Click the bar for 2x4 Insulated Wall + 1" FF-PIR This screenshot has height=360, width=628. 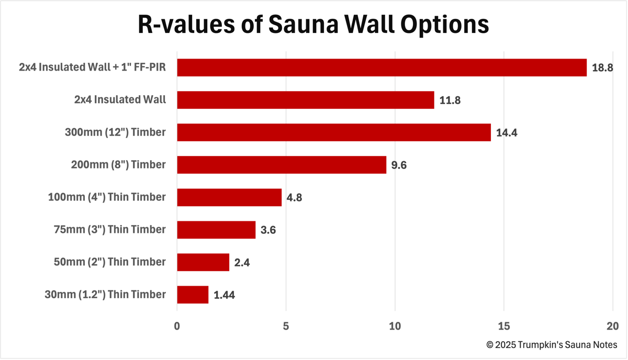(x=382, y=67)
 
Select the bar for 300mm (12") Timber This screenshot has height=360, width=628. (x=334, y=132)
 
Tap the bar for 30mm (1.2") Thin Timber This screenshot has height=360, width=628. (x=193, y=295)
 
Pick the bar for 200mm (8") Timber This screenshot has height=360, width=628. (x=282, y=165)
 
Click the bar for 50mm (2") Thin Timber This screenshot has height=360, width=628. (x=203, y=262)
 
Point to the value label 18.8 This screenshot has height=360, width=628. (x=602, y=68)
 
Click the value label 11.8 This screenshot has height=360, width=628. (x=450, y=100)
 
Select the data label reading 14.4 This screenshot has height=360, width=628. (x=507, y=133)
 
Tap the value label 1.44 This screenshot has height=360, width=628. (x=224, y=295)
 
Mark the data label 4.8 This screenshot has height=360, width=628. (x=294, y=198)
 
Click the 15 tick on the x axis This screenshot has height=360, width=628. (x=503, y=326)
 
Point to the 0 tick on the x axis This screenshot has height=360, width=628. (x=177, y=326)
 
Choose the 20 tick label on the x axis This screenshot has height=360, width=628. (x=612, y=326)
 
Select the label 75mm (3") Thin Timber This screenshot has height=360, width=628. (x=109, y=230)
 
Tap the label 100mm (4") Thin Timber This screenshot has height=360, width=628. (x=106, y=197)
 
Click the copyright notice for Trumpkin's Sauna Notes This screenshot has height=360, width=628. (x=552, y=345)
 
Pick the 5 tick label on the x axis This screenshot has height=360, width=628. (x=286, y=326)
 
